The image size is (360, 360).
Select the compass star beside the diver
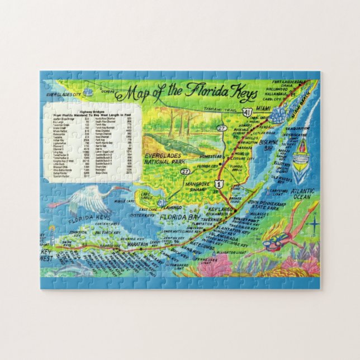click(314, 225)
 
